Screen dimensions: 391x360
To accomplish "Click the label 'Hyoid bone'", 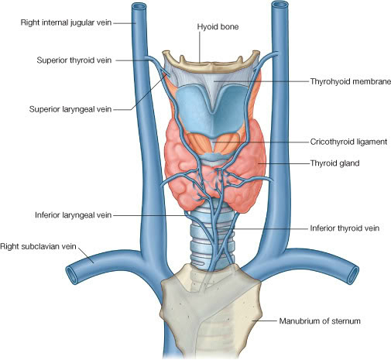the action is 218,27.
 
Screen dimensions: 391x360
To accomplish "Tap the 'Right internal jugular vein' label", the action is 66,22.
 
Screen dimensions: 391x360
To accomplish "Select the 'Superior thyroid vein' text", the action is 74,60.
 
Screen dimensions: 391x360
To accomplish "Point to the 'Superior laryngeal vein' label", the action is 70,109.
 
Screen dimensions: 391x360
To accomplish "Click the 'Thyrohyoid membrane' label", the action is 351,81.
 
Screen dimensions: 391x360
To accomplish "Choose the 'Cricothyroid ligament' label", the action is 348,142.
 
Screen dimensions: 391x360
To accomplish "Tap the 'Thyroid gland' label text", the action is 334,163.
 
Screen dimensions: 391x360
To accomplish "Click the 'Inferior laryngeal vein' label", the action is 74,215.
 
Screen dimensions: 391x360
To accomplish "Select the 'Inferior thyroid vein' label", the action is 345,228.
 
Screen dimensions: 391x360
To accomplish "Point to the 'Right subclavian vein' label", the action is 38,246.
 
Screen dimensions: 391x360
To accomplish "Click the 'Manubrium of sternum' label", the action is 320,321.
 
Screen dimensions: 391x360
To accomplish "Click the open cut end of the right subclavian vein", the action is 72,276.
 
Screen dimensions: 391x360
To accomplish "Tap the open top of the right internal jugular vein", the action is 139,5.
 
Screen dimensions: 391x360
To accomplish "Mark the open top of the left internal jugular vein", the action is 280,5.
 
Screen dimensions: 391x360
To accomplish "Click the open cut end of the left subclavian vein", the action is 354,276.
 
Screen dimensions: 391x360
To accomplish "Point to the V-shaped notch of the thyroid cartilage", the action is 212,110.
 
